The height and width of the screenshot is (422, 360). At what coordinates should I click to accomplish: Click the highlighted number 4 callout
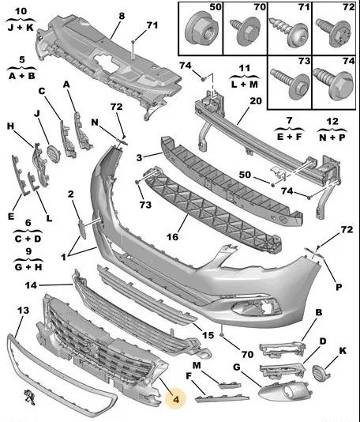coord(176,399)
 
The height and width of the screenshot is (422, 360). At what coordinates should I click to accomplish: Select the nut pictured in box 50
coord(201,30)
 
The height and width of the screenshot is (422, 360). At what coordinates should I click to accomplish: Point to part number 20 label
coord(256,101)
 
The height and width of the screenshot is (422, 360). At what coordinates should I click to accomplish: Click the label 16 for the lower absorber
coord(172,237)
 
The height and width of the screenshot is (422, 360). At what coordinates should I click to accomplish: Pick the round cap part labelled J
coord(54,153)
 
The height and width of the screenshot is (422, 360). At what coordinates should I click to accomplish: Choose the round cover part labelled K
coord(320,373)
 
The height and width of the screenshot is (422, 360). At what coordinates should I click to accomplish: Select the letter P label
coord(339,287)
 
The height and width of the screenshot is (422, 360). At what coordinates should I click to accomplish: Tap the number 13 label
coord(23,311)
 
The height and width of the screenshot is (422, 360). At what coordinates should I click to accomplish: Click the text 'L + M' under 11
coord(245,85)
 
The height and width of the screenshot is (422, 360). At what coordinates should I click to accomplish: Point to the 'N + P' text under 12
coord(332,138)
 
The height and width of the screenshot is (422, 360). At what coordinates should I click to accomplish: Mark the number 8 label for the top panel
coord(122,16)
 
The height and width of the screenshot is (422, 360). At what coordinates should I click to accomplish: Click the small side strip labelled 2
coord(82,228)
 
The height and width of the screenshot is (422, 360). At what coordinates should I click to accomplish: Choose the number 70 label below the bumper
coord(247,354)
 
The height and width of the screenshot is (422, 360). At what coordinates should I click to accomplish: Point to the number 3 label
coord(139,158)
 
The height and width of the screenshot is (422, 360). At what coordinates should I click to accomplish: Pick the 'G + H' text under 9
coord(28,267)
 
